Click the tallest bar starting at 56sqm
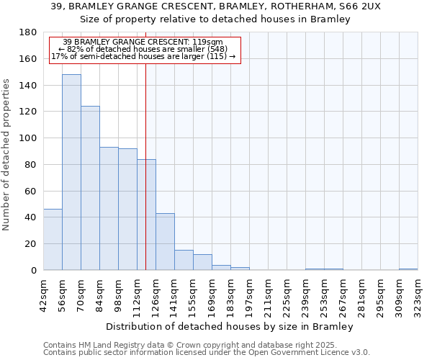point(71,172)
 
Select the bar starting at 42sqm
point(53,239)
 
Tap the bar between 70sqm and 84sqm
point(90,188)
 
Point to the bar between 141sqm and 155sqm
point(184,260)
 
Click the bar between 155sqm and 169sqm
point(202,262)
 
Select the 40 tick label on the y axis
point(32,217)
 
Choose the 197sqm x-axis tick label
point(250,296)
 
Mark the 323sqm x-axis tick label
point(418,296)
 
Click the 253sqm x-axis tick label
point(325,296)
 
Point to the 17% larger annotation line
point(143,56)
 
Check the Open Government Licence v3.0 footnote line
point(207,353)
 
